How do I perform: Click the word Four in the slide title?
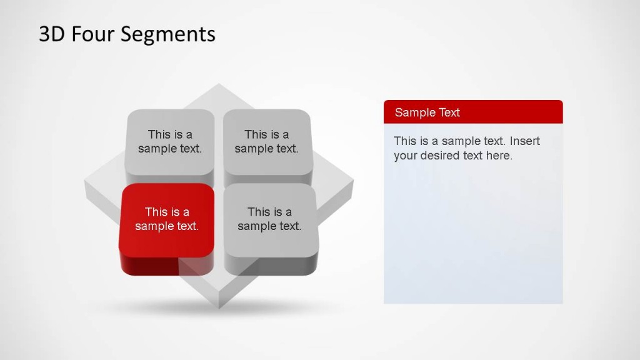[93, 34]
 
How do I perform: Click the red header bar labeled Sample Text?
[472, 112]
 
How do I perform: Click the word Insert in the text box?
[525, 141]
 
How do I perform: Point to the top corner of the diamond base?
[219, 87]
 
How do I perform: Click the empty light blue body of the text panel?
[472, 237]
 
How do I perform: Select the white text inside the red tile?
[167, 219]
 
